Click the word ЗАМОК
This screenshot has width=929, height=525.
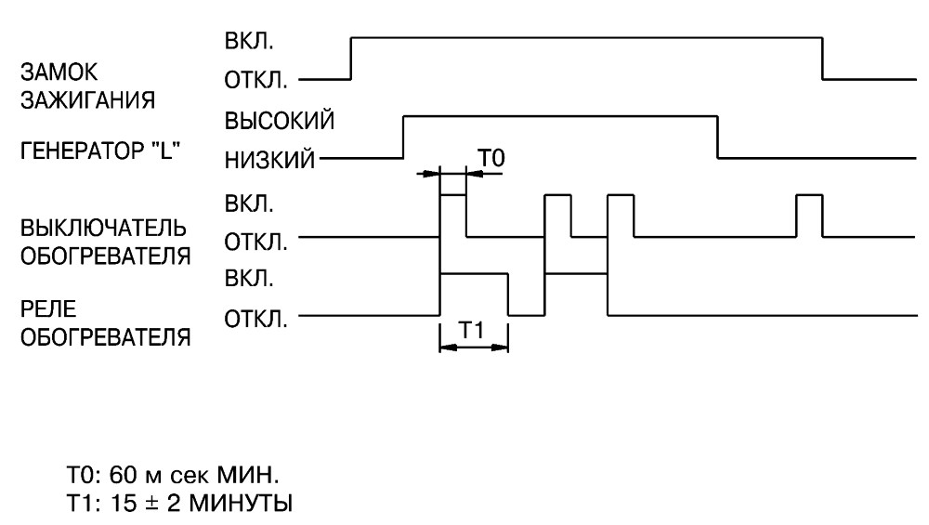(x=59, y=72)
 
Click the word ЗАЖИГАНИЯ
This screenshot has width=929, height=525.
(x=87, y=100)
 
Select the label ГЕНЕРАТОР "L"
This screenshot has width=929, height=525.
(x=100, y=151)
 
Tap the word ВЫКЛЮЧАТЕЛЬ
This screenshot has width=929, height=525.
(x=104, y=229)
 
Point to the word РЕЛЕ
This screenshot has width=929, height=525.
(x=48, y=308)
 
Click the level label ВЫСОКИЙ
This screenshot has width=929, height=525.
(x=279, y=121)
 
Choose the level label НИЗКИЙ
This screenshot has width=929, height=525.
(x=269, y=160)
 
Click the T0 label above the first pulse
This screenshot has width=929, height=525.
(x=491, y=158)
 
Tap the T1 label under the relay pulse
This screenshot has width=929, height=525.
(x=472, y=330)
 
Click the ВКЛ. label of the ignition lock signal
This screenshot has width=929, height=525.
(x=249, y=42)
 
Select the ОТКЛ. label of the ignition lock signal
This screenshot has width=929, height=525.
(x=255, y=79)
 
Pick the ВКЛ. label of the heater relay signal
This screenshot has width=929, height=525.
(x=249, y=278)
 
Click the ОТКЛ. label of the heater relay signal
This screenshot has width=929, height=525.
(x=255, y=320)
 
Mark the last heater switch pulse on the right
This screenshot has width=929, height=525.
(x=809, y=195)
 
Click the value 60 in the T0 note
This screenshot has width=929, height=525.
(x=124, y=475)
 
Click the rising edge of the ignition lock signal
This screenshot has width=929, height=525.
(x=351, y=58)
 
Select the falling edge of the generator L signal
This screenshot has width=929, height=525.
(x=717, y=137)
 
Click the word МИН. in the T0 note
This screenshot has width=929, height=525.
(x=247, y=475)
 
